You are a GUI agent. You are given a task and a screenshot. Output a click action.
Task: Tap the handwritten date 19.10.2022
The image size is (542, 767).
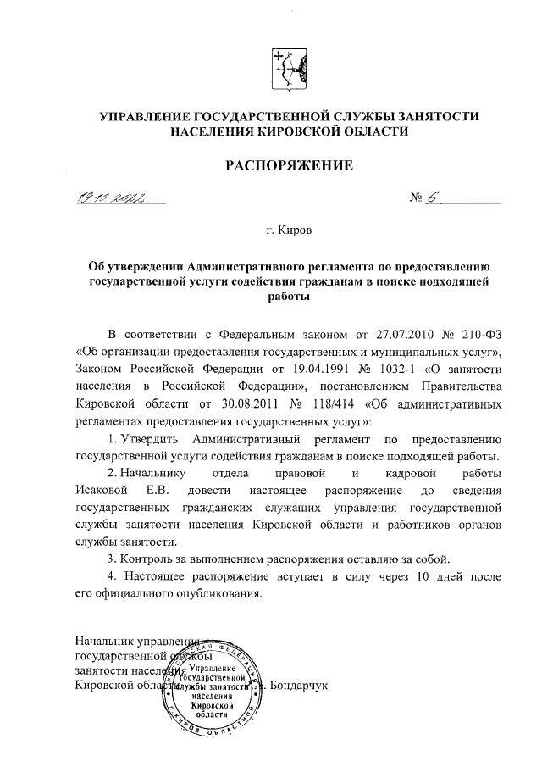(x=108, y=199)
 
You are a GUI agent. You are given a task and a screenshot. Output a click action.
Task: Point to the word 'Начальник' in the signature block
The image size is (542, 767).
(x=102, y=640)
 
